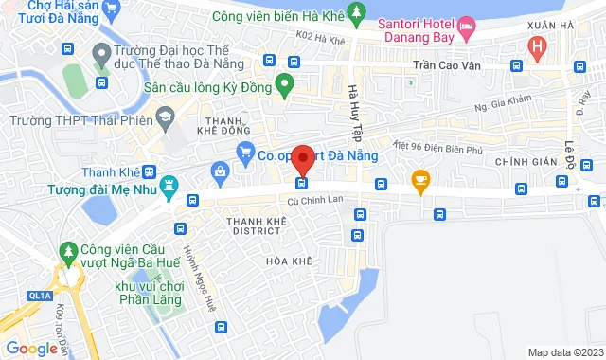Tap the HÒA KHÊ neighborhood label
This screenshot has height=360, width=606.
tap(288, 261)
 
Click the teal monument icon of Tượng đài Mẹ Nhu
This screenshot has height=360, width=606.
tap(169, 184)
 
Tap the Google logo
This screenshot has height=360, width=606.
tap(31, 348)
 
